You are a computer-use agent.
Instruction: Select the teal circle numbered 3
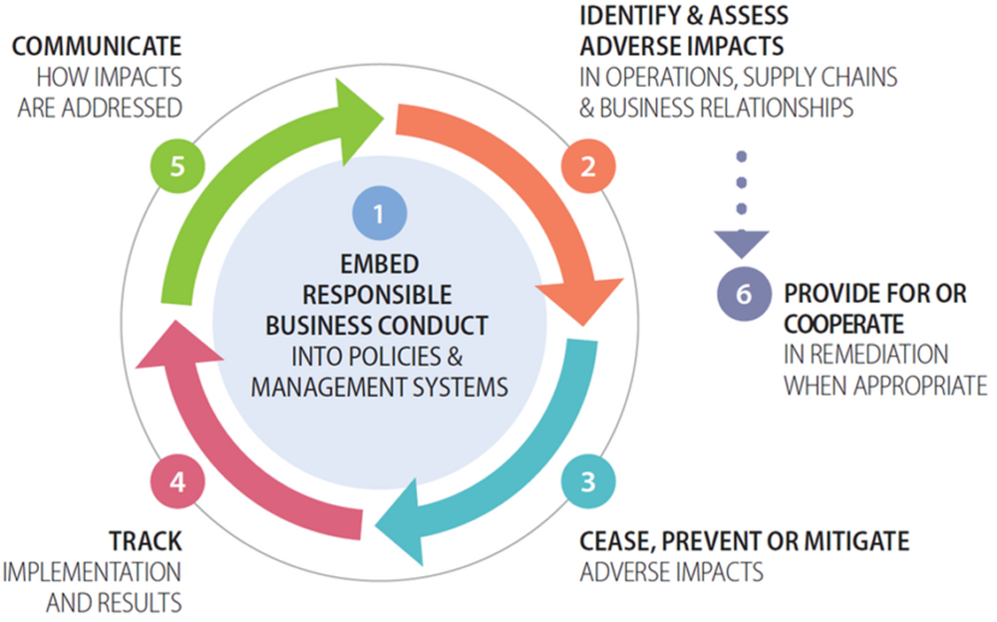[x=587, y=481]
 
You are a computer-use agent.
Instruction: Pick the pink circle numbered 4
[x=177, y=481]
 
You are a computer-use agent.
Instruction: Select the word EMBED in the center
[x=378, y=265]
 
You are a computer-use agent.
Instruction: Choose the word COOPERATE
[x=843, y=325]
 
